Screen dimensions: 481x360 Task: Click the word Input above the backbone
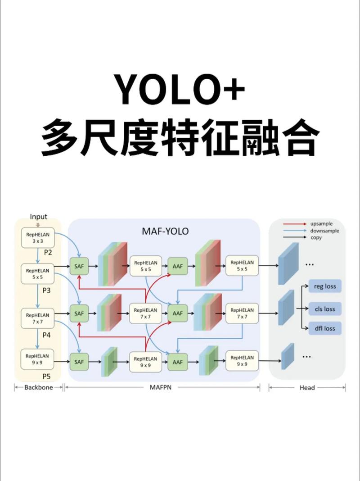38,217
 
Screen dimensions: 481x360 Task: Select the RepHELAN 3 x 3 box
38,237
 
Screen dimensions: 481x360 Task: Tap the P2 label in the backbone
48,253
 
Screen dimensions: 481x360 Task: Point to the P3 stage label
47,290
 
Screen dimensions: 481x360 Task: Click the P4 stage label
47,335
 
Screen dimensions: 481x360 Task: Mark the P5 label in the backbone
47,376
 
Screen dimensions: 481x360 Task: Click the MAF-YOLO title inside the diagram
165,231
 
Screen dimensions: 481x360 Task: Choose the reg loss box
325,286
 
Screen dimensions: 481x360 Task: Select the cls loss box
325,309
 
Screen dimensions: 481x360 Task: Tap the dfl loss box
325,328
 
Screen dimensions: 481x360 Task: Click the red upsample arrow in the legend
295,224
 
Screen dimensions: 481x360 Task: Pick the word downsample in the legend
324,231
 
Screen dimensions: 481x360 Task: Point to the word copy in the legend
316,237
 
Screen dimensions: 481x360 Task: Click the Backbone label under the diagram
38,387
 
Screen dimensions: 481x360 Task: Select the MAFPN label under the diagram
162,387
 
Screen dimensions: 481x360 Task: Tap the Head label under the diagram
307,387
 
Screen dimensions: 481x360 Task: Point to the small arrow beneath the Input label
38,224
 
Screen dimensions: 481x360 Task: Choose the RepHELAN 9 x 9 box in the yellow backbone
38,359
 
